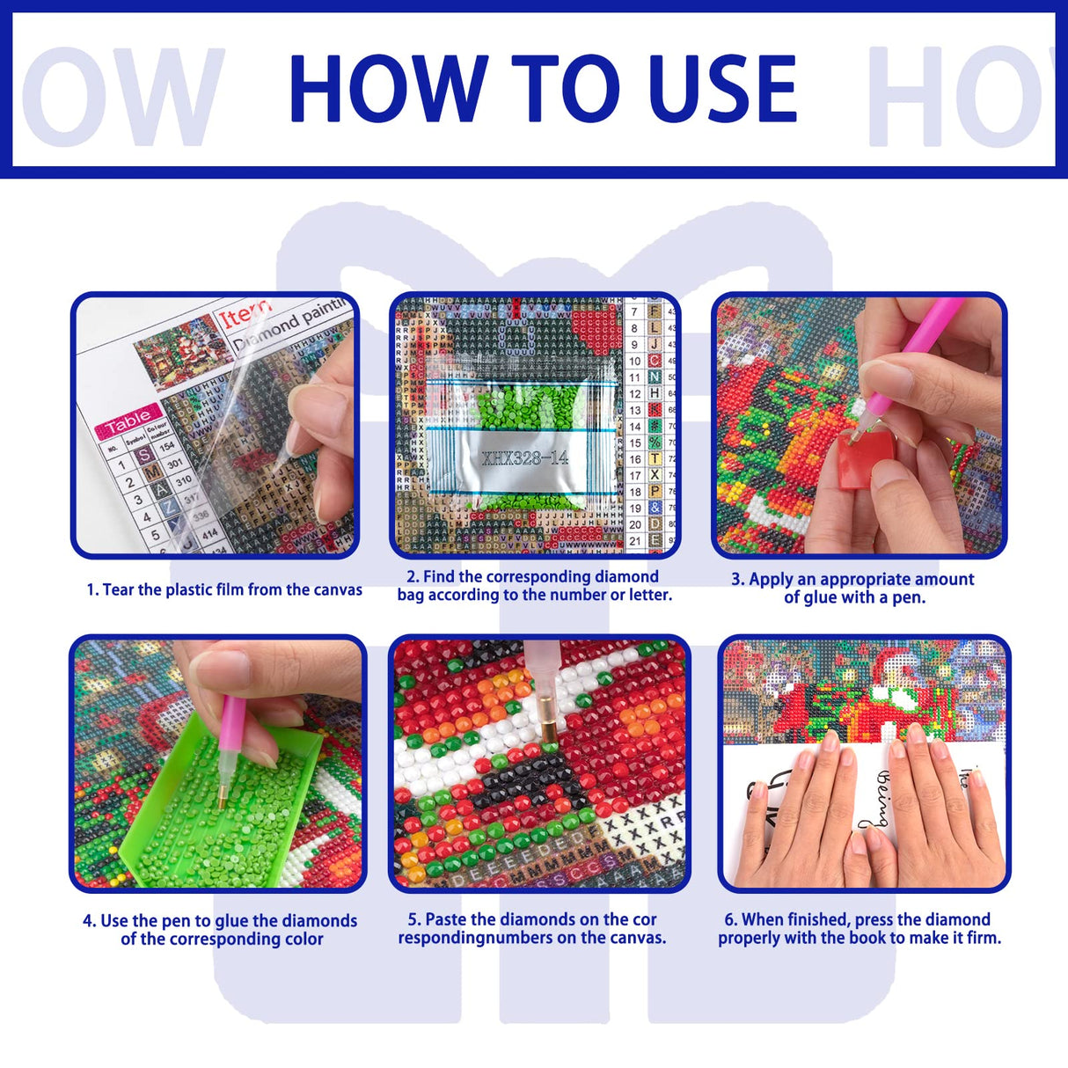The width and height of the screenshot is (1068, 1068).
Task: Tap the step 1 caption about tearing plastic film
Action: tap(224, 590)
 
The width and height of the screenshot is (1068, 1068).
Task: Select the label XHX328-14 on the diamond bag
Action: tap(524, 457)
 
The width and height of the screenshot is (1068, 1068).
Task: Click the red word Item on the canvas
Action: tap(245, 314)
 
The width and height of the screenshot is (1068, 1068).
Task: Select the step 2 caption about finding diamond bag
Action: tap(534, 586)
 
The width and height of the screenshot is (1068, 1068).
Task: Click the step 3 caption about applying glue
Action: tap(852, 589)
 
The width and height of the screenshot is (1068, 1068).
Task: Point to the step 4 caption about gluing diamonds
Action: tap(220, 930)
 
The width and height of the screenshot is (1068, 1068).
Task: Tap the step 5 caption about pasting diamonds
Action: tap(532, 929)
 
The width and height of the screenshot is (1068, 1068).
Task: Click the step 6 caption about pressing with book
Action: tap(859, 929)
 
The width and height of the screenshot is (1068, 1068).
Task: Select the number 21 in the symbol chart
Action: tap(635, 541)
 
